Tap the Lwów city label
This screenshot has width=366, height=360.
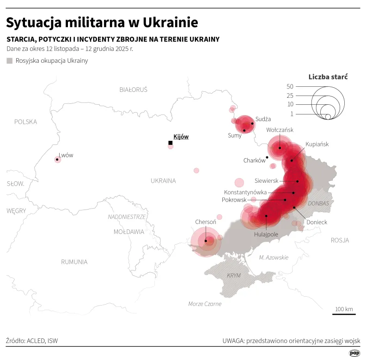click(66, 155)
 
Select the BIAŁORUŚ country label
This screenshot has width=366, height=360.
click(133, 90)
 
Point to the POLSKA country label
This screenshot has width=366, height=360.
click(25, 122)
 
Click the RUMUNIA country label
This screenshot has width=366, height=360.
click(74, 262)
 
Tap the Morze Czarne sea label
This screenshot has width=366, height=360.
click(205, 304)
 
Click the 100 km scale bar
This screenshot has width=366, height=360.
click(344, 314)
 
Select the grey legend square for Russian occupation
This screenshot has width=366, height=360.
click(10, 60)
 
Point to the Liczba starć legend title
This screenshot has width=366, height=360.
click(328, 77)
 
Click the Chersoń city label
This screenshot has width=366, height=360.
click(206, 222)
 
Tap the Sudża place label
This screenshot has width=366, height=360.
click(263, 119)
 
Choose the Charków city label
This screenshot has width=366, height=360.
click(254, 161)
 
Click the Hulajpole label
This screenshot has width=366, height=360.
click(266, 234)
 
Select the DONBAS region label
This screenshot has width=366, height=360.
click(318, 203)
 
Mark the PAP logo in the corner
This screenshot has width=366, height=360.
click(354, 353)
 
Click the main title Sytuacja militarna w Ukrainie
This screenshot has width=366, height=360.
click(102, 22)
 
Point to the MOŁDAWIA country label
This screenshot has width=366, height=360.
click(129, 232)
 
